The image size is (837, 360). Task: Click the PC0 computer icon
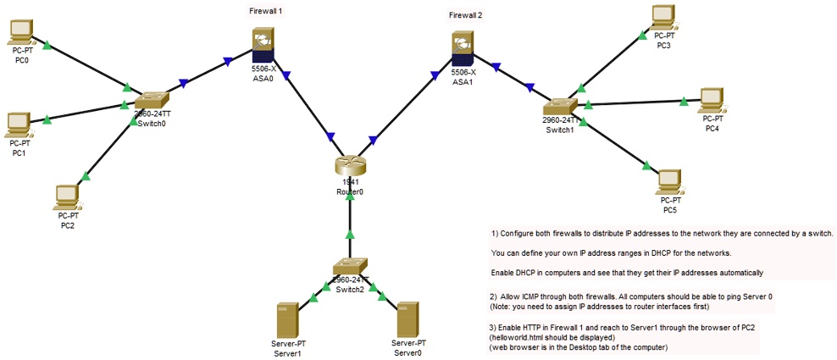pos(19,31)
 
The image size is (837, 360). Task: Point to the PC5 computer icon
pos(670,180)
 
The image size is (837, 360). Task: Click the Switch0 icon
pos(151,101)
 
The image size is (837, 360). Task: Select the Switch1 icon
pos(560,107)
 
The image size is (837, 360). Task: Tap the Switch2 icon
pos(349,267)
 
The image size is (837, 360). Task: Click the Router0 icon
pos(349,164)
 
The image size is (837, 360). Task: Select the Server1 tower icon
pos(287,321)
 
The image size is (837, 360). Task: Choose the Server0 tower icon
pos(408,319)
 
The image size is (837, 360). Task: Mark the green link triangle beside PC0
pos(47,43)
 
